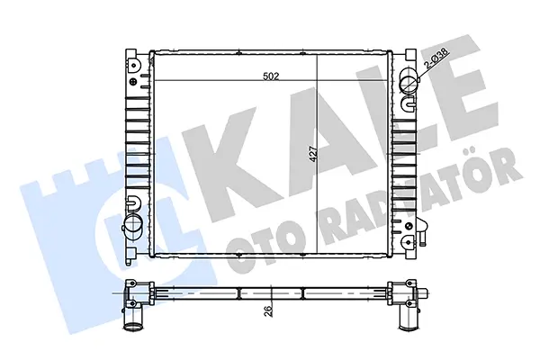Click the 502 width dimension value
tap(271, 76)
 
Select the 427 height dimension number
tap(312, 154)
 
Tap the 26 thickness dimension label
tap(270, 310)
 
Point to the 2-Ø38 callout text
tap(436, 58)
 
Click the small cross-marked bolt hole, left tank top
tap(133, 82)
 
